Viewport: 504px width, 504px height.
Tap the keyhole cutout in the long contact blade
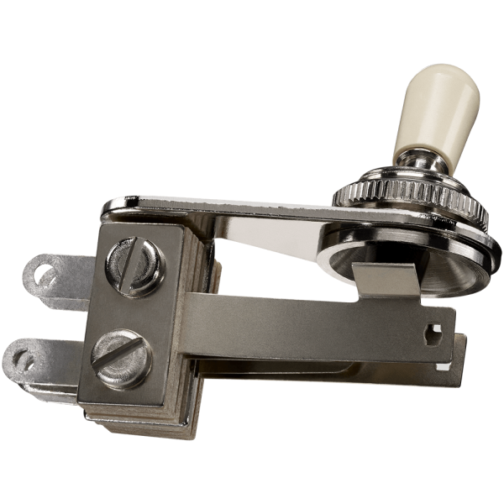point(434,330)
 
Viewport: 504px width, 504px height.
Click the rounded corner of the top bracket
point(113,205)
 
